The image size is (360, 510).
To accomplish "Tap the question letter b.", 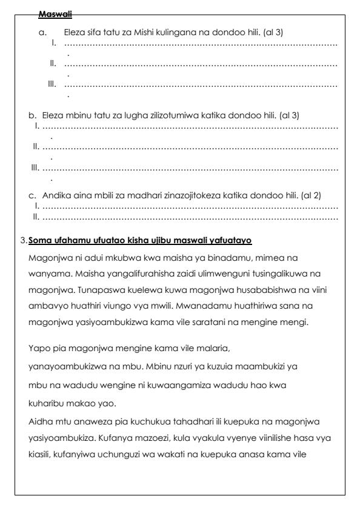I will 32,115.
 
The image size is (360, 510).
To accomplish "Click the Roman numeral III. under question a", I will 53,84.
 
